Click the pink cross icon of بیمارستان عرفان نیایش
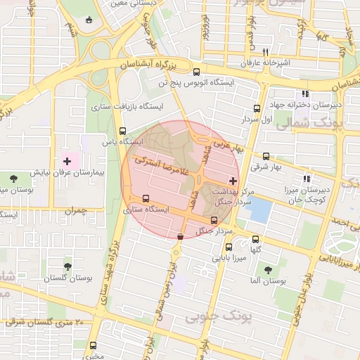[67, 162]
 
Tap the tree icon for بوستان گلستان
[67, 266]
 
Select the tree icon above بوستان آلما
[267, 269]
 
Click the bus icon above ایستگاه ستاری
[146, 198]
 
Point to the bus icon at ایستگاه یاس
[123, 131]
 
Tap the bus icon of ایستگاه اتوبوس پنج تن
[195, 72]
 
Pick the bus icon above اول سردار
[256, 108]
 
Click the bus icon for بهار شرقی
[266, 157]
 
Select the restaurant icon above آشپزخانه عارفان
[265, 52]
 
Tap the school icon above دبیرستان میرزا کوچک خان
[305, 179]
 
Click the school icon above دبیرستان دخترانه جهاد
[304, 94]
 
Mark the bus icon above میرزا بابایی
[229, 247]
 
